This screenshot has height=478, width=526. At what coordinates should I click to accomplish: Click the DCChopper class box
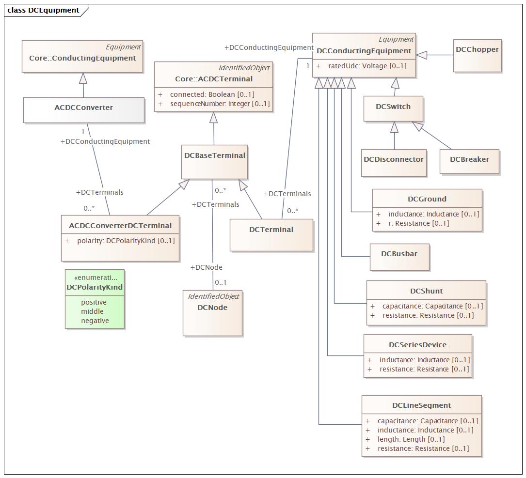click(478, 56)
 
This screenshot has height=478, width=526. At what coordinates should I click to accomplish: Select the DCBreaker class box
click(469, 162)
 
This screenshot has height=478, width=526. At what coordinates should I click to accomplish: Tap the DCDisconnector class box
click(394, 163)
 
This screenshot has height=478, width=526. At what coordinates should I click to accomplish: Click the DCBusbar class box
click(399, 257)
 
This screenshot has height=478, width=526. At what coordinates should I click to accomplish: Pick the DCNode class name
click(212, 308)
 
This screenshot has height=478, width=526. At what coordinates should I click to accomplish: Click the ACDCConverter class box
click(84, 110)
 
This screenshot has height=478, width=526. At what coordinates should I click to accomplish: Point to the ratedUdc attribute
click(367, 66)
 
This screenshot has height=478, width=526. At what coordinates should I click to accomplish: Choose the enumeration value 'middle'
click(92, 311)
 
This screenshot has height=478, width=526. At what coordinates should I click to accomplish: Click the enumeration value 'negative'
click(95, 321)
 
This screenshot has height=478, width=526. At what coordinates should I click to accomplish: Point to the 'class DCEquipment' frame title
click(43, 10)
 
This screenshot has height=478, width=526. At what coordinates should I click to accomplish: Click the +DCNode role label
click(207, 267)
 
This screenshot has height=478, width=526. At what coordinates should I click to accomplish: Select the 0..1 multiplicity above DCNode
click(221, 282)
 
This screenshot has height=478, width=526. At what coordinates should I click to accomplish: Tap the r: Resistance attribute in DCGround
click(418, 223)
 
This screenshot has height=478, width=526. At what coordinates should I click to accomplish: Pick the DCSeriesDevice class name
click(417, 345)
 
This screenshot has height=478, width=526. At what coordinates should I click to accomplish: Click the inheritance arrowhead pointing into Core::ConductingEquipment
click(83, 78)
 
